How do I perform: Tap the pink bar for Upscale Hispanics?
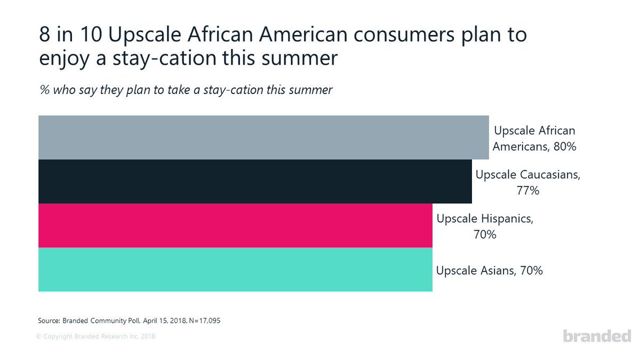coord(235,226)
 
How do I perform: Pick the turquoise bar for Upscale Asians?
coord(235,270)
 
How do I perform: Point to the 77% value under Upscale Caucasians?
coord(527,190)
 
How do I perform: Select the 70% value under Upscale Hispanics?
coord(485,234)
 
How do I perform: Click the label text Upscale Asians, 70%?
coord(489,270)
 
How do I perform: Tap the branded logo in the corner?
coord(597,337)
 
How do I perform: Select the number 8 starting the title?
coord(44,35)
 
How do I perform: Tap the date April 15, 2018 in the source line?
coord(162,321)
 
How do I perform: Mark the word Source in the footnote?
coord(49,321)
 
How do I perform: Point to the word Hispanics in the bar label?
coord(507,219)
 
